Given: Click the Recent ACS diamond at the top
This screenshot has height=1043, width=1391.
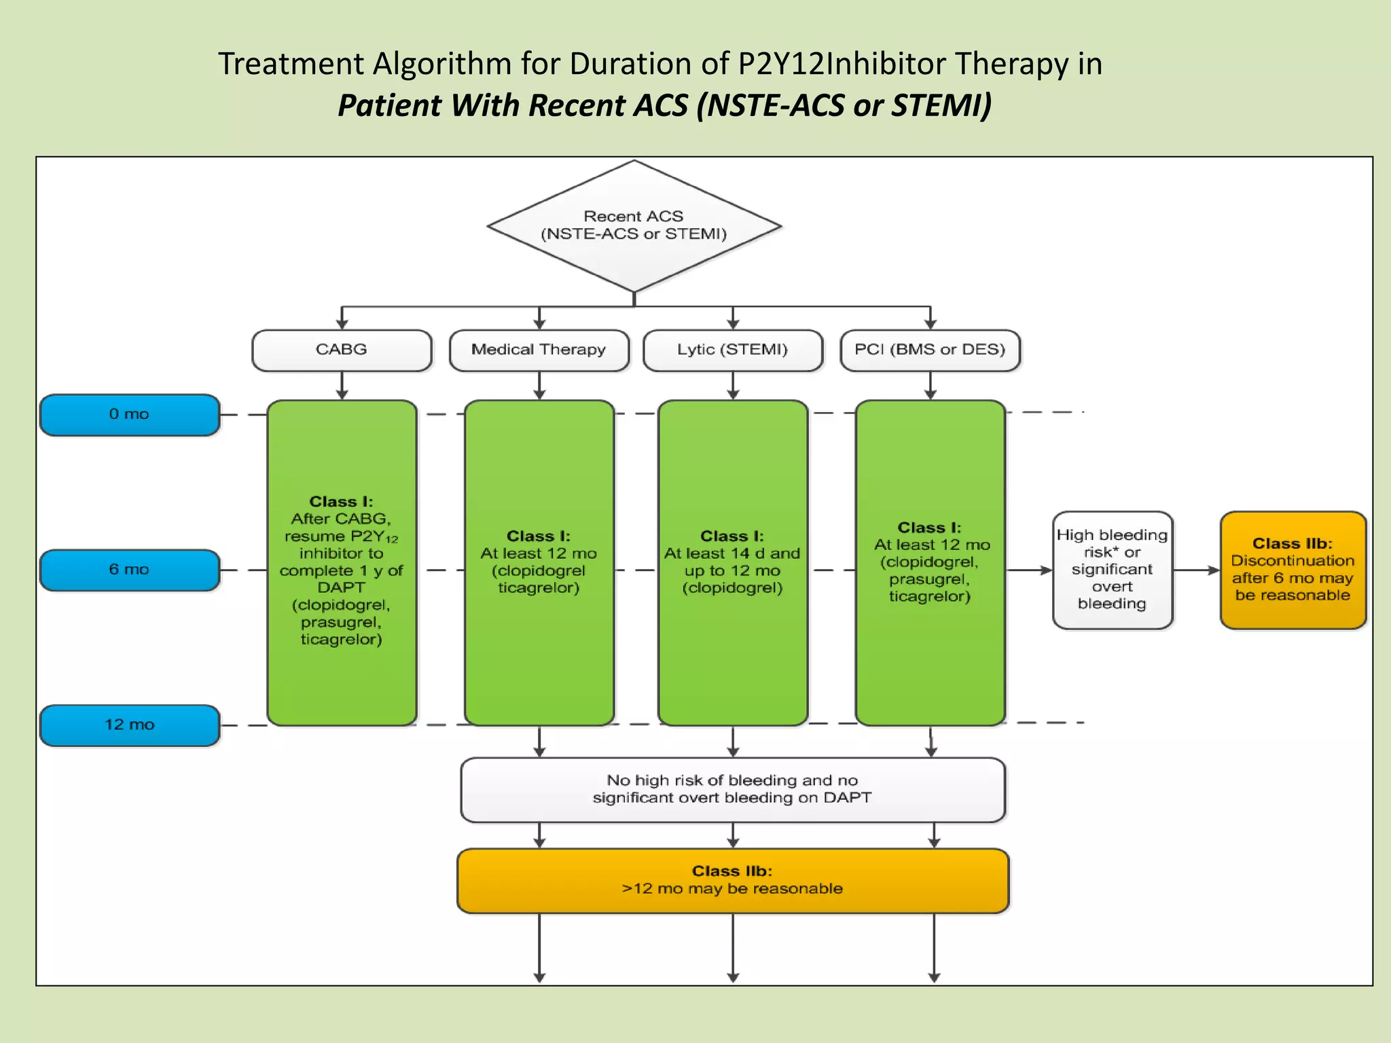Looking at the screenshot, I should [x=634, y=225].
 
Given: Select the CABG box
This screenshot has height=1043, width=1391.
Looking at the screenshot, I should [x=342, y=350].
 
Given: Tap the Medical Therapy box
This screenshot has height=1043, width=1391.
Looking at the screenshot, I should [x=539, y=350].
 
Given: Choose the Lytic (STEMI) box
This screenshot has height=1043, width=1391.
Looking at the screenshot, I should [x=732, y=350].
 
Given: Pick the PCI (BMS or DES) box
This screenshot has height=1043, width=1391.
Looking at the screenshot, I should [x=930, y=350].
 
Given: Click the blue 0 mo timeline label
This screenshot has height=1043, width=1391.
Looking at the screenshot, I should [x=129, y=414].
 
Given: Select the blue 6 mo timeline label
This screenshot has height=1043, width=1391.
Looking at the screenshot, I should [x=129, y=570].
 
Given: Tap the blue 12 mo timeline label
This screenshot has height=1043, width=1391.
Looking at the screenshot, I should [x=129, y=725].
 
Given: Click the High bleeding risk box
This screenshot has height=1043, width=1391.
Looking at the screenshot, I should [x=1112, y=570].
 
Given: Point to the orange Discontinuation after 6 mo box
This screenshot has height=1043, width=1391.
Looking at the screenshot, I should [x=1293, y=570].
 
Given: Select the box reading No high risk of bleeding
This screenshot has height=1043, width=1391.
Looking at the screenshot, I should [x=732, y=789].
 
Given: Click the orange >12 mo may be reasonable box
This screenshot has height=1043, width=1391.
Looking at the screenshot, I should [x=732, y=880].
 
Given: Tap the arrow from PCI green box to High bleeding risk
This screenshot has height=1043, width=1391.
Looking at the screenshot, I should [x=1028, y=570].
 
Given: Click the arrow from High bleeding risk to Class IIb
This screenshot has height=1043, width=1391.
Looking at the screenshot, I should [x=1196, y=570].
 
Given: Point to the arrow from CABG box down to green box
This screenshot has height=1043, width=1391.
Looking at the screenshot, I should [x=342, y=386].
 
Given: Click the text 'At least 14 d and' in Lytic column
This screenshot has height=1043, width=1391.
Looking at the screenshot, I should [x=732, y=553].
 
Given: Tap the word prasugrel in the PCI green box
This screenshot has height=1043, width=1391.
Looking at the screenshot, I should [x=928, y=579].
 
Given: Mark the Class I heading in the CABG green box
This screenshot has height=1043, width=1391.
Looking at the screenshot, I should [x=341, y=502].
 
